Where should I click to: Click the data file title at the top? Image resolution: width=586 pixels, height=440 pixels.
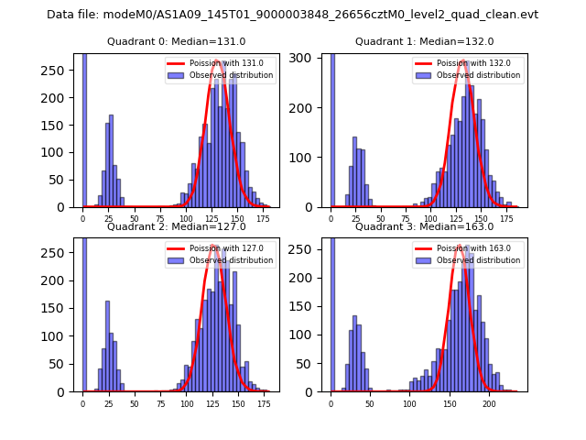(292, 15)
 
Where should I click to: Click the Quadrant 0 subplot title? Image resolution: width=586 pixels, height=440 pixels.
(177, 41)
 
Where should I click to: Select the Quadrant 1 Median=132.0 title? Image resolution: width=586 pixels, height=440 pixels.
(424, 41)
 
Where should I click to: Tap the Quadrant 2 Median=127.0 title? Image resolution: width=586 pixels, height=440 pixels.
(177, 226)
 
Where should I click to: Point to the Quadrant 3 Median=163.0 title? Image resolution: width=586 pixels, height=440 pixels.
(424, 226)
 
